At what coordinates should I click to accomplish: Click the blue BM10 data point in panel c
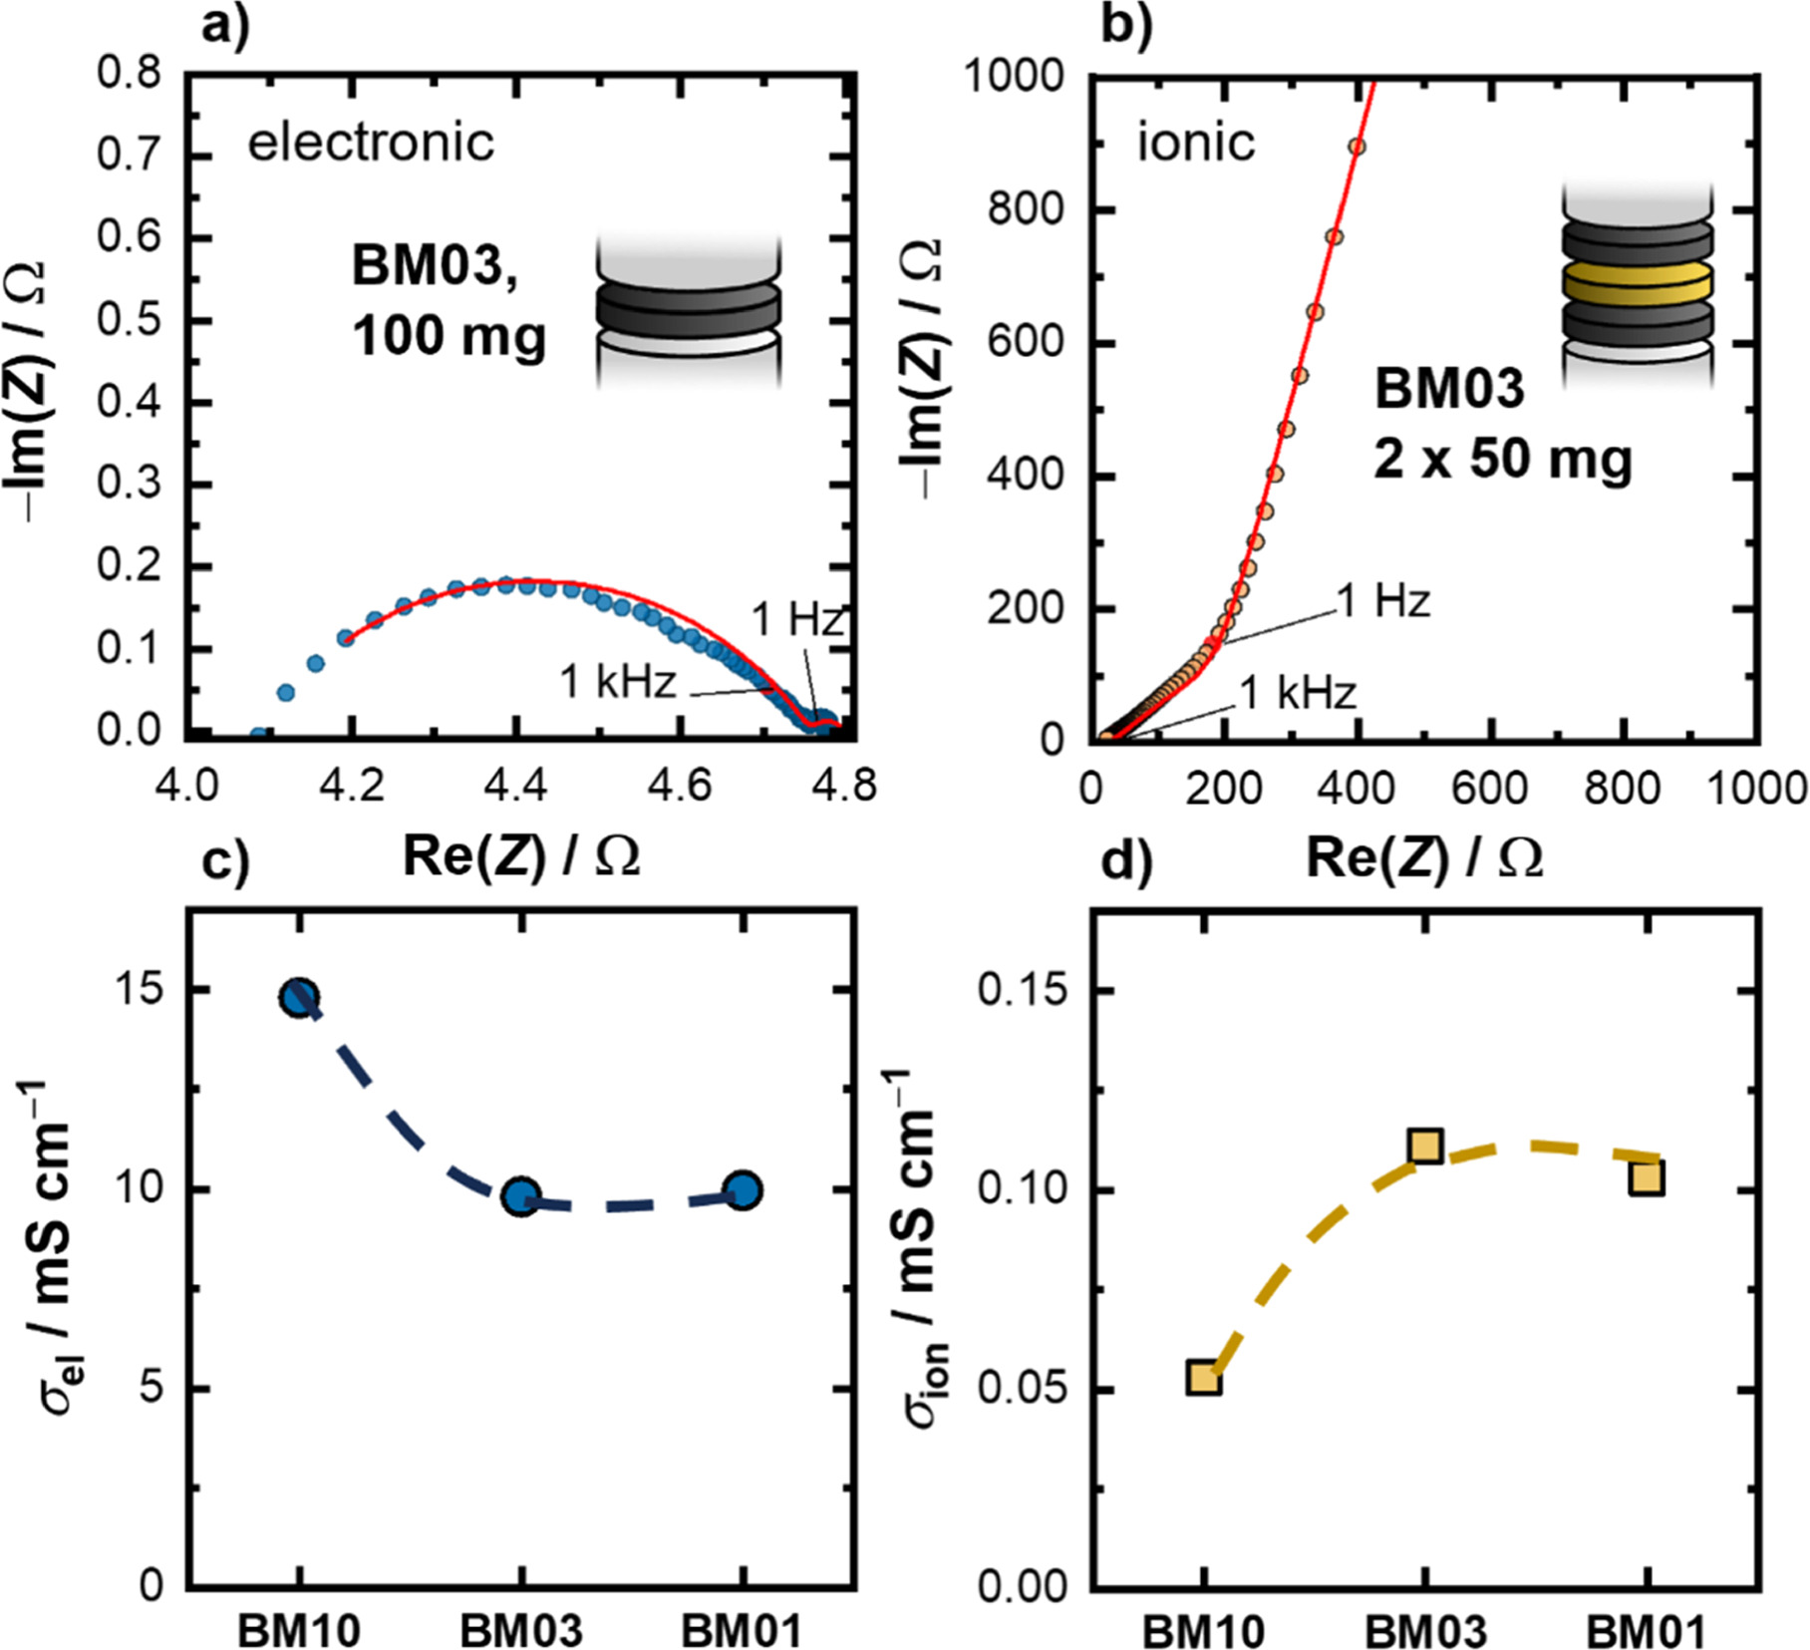tap(300, 997)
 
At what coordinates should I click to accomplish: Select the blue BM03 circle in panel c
tap(521, 1197)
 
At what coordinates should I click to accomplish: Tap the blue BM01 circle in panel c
tap(743, 1190)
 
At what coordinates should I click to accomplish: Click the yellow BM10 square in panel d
tap(1204, 1379)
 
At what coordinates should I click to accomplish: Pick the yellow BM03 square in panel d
tap(1426, 1147)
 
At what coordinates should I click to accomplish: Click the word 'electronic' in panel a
tap(371, 143)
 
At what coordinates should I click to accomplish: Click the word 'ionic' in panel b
tap(1196, 143)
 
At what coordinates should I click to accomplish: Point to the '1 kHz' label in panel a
tap(618, 682)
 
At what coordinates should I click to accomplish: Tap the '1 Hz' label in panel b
tap(1383, 601)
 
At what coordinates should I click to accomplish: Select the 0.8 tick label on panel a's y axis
tap(130, 74)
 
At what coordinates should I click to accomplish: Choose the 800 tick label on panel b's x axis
tap(1624, 788)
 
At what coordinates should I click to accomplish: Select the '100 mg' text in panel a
tap(449, 334)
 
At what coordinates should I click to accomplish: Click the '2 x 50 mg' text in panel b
tap(1503, 460)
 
